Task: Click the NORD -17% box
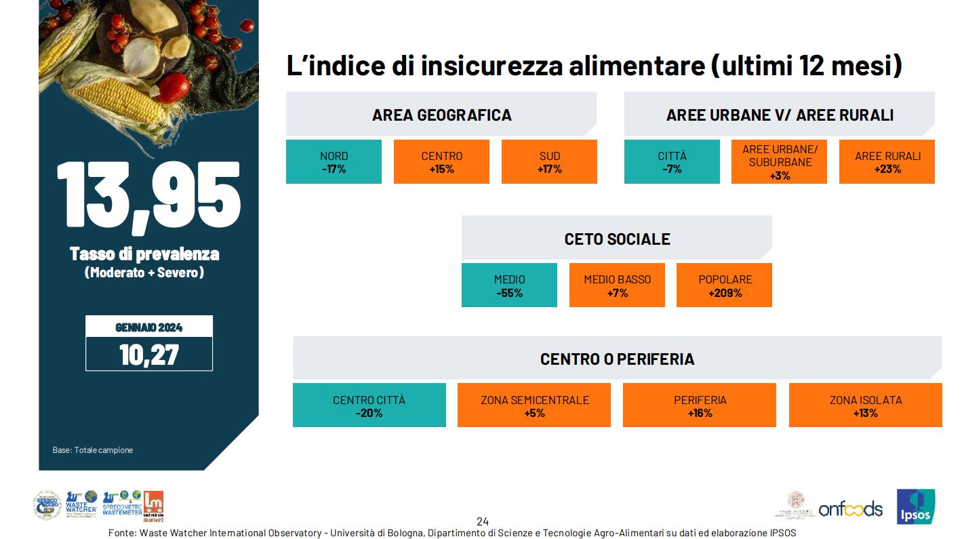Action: [334, 162]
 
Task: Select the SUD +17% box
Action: [549, 162]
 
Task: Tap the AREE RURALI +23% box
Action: [887, 162]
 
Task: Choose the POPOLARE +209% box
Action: [725, 285]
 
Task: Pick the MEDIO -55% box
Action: [509, 285]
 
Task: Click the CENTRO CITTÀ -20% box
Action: [369, 405]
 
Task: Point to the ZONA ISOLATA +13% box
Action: [865, 405]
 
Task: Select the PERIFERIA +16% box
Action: [699, 405]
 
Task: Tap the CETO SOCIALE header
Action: [617, 239]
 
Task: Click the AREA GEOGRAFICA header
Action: [441, 115]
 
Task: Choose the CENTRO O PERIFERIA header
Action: [617, 359]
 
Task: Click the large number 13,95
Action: [148, 194]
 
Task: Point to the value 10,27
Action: [149, 355]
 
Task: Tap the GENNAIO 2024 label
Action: [149, 327]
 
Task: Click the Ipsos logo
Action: [915, 506]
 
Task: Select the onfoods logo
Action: [850, 508]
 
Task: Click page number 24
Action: [482, 521]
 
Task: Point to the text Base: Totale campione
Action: [93, 450]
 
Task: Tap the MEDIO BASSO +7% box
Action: [617, 285]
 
